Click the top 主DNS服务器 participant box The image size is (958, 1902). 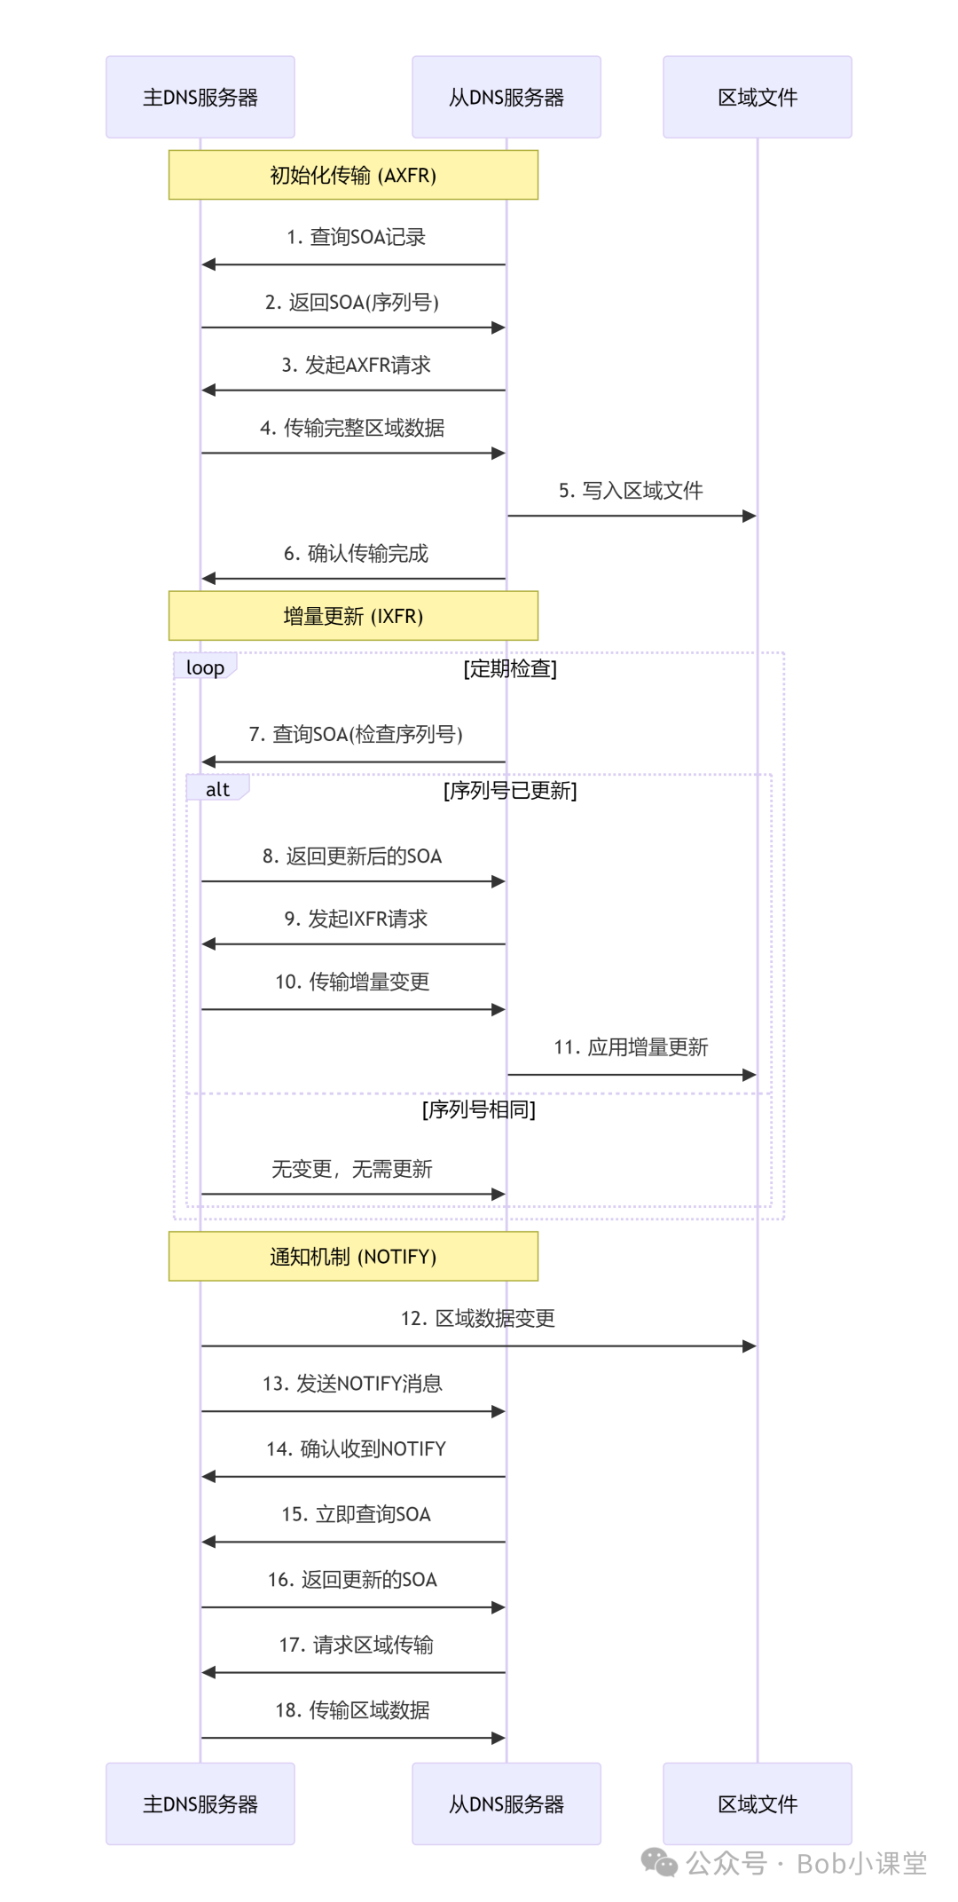pos(200,97)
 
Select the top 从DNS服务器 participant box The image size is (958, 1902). pos(506,97)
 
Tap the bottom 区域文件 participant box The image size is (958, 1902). pos(758,1803)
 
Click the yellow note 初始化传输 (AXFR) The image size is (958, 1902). pos(353,175)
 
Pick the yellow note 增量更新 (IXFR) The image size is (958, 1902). pos(353,616)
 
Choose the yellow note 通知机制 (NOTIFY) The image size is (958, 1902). pos(353,1256)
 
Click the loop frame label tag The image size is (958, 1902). pos(205,667)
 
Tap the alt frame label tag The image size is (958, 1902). pos(217,789)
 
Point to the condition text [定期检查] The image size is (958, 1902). pos(510,668)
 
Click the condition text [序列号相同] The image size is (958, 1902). pos(479,1109)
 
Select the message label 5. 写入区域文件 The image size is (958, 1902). pos(631,491)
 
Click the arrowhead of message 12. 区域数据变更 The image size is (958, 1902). pos(750,1346)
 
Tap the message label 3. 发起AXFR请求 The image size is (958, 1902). pos(356,365)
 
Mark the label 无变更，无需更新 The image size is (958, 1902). pos(352,1169)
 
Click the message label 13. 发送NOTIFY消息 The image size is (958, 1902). pos(352,1384)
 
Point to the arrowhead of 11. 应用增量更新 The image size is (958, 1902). pos(750,1075)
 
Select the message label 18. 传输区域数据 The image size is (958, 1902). pos(352,1710)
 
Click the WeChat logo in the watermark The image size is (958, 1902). pos(659,1862)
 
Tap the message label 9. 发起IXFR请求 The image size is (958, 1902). pos(356,919)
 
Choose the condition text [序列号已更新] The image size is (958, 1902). pos(510,790)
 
